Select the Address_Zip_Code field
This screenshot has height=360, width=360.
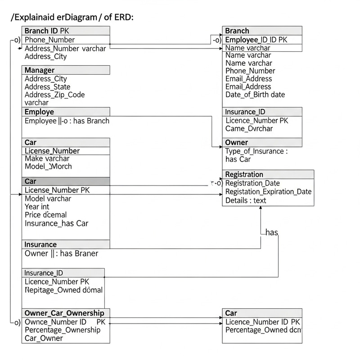(x=54, y=95)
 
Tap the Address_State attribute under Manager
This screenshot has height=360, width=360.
(x=47, y=87)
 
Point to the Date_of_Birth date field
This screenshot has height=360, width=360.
(x=255, y=95)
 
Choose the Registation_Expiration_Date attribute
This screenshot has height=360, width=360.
(x=268, y=192)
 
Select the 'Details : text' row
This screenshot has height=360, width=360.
(x=246, y=200)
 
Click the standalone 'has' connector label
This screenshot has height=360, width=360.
(x=272, y=233)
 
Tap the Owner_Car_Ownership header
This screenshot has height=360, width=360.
(x=64, y=313)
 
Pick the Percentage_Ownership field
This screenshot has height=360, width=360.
(x=63, y=330)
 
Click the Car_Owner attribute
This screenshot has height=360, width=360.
(x=44, y=338)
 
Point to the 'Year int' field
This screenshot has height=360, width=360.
(x=37, y=207)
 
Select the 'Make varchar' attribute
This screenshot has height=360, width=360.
(x=47, y=158)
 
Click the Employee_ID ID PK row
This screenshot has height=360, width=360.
(x=256, y=40)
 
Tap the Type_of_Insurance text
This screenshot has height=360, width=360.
(x=256, y=151)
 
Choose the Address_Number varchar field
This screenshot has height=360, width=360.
(x=65, y=49)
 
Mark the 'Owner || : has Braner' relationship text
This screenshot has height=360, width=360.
(x=61, y=253)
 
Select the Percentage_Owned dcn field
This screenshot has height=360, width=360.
(x=263, y=330)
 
